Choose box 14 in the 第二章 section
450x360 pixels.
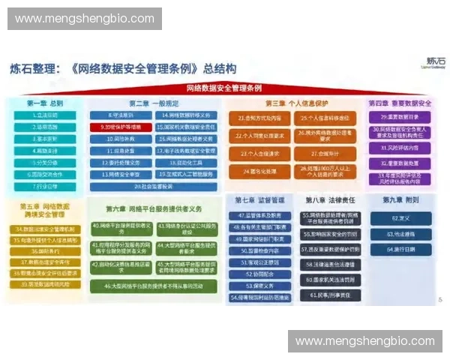point(187,116)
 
